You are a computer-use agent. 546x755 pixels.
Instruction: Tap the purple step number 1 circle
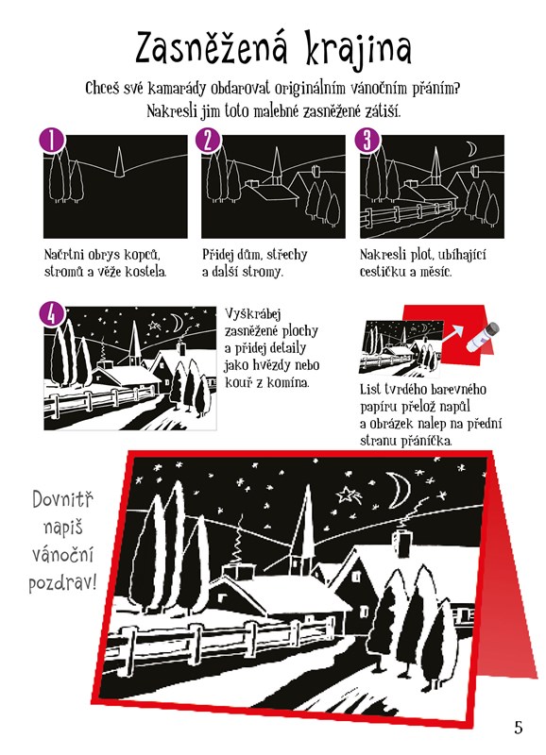tap(52, 141)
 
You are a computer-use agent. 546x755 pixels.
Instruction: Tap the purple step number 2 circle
tap(208, 141)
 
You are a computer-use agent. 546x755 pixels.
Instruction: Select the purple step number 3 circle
tap(367, 141)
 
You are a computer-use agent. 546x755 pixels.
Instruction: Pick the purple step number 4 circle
tap(52, 315)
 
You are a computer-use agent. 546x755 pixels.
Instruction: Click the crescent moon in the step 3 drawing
tap(471, 149)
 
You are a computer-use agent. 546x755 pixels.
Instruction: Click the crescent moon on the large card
tap(399, 490)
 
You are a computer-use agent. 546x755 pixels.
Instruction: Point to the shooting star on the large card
tap(349, 495)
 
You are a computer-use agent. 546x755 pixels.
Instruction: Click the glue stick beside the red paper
tap(483, 337)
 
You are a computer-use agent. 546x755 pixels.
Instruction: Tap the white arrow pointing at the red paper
tap(452, 335)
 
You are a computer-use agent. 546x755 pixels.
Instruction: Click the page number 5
tap(518, 727)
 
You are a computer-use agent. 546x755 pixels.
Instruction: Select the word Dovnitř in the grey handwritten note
tap(62, 499)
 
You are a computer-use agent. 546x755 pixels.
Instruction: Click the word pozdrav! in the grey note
tap(62, 583)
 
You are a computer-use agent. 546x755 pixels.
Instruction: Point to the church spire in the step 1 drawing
tap(119, 162)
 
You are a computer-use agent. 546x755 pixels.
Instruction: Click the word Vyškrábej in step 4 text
tap(253, 314)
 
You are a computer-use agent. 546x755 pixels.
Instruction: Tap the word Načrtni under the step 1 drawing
tap(63, 254)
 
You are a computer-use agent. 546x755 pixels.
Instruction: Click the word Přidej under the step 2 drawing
tap(218, 254)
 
